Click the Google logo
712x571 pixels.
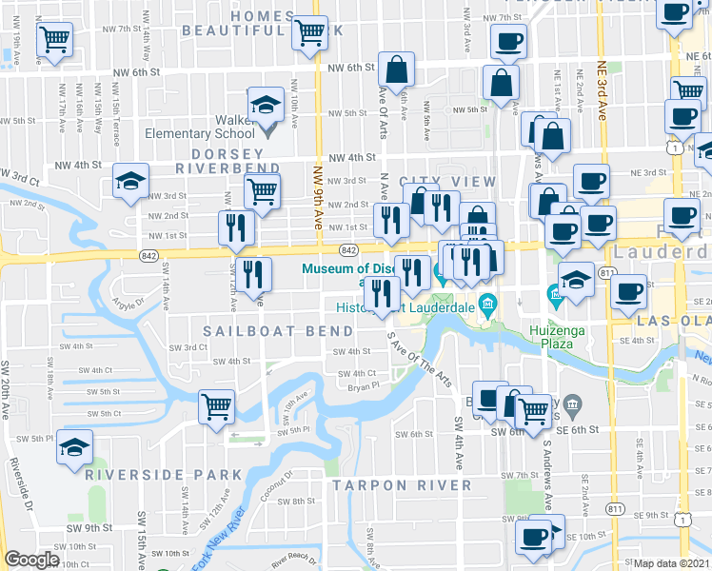(31, 560)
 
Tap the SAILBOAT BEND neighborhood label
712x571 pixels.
(263, 330)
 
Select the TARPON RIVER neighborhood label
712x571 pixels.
(402, 485)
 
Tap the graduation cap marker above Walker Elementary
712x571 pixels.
(267, 105)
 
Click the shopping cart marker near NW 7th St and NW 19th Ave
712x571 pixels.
(55, 40)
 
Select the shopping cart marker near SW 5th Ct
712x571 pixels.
(217, 406)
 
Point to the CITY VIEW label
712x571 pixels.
(447, 182)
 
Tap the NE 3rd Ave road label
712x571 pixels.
(602, 90)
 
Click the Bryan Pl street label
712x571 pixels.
(363, 386)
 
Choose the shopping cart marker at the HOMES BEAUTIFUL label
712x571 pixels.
(310, 31)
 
